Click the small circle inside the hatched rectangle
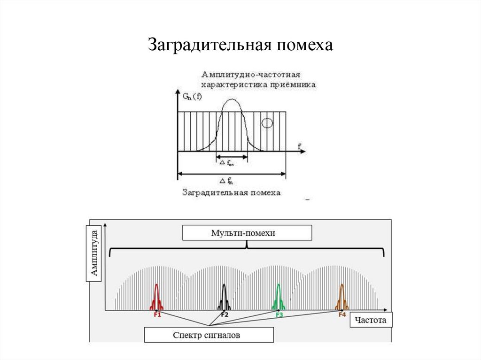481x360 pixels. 267,123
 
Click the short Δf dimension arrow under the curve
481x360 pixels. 232,158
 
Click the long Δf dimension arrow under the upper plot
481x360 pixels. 232,174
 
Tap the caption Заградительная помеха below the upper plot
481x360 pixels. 231,192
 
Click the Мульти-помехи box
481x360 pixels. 247,233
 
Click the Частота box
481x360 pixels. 371,321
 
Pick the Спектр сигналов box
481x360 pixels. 209,335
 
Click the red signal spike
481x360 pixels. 156,297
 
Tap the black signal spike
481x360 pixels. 224,297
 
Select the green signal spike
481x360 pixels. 279,297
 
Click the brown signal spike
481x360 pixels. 341,297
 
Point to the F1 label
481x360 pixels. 157,315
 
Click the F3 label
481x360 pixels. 279,315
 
